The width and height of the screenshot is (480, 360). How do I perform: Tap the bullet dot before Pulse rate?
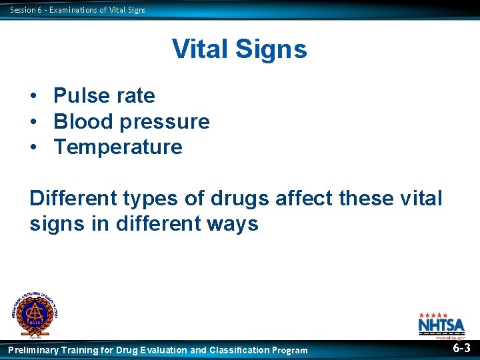click(x=33, y=96)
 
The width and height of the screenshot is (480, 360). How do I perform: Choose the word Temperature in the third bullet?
click(x=118, y=147)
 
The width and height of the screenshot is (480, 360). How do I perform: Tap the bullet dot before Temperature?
click(x=33, y=147)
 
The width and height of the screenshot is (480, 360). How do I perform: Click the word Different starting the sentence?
click(x=73, y=199)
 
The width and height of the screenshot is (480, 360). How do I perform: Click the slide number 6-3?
click(x=461, y=349)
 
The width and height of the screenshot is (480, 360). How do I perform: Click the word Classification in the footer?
click(x=239, y=350)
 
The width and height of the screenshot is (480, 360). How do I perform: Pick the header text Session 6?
click(x=25, y=9)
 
